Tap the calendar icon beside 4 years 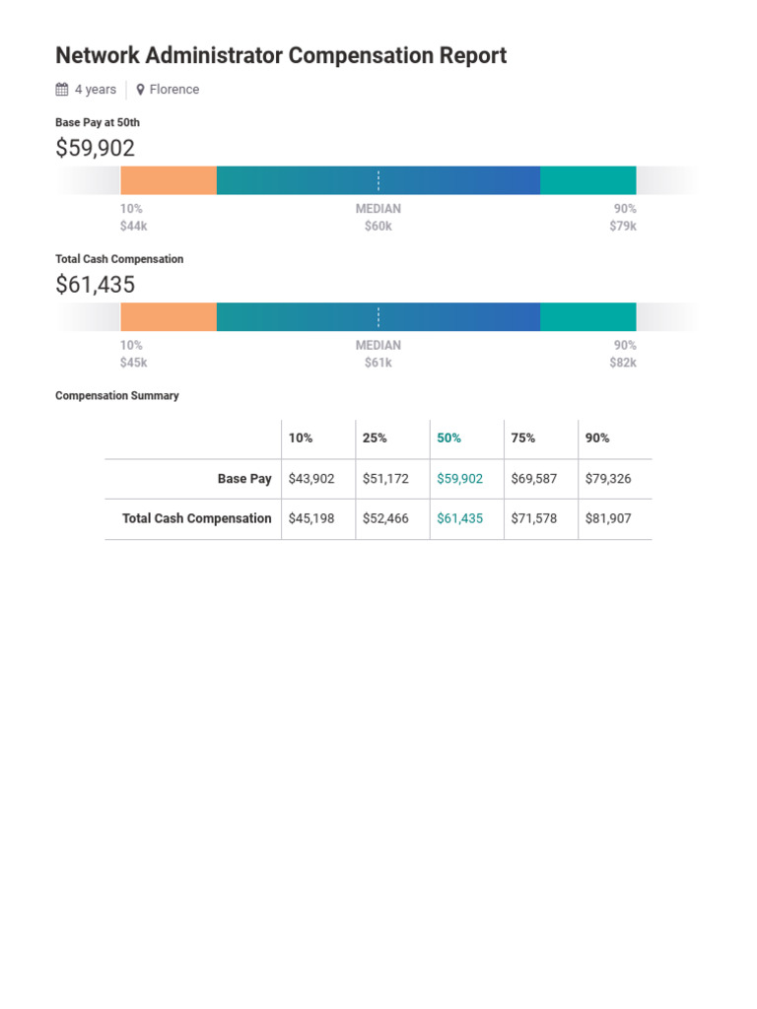coord(62,90)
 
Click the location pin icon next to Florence coord(141,90)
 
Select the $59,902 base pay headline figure coord(95,149)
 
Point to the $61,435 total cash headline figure coord(95,285)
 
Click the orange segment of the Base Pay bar coord(169,181)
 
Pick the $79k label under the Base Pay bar coord(623,227)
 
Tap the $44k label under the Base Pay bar coord(133,227)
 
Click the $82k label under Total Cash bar coord(623,363)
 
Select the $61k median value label coord(378,363)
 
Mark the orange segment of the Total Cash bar coord(169,317)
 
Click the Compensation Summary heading coord(117,396)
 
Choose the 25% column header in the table coord(375,438)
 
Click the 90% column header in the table coord(597,438)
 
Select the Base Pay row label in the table coord(244,479)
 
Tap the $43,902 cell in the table coord(311,479)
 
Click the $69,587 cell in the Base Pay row coord(534,479)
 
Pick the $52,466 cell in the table coord(385,518)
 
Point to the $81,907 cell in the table coord(608,518)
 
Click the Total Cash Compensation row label coord(197,518)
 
